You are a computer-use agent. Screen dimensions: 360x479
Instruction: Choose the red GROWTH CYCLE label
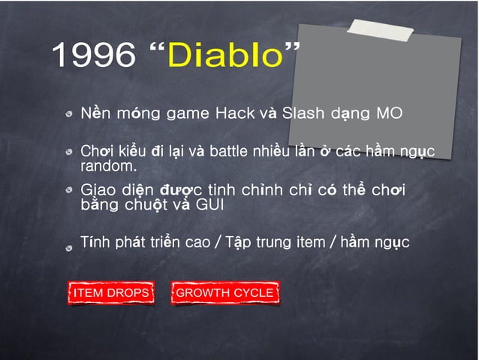coord(224,292)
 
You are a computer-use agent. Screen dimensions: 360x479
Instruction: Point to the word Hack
coord(235,114)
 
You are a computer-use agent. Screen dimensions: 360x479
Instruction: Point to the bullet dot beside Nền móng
coord(69,116)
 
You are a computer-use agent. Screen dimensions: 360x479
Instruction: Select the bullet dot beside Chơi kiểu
coord(69,153)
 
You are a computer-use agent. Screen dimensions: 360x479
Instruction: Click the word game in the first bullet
coord(188,115)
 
